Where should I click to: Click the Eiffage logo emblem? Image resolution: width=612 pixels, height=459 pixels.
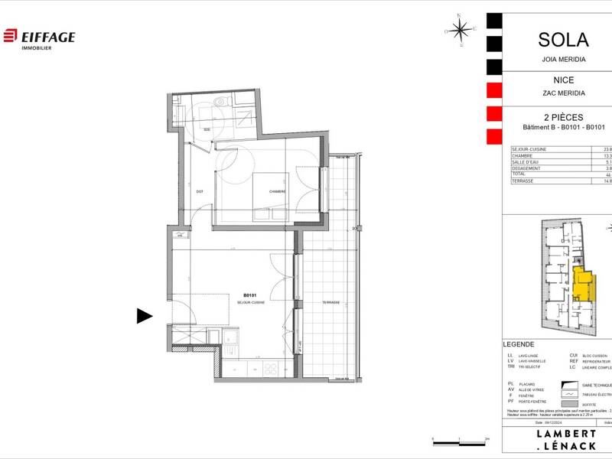[x=10, y=36]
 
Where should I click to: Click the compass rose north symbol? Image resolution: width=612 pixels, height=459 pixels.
[x=460, y=31]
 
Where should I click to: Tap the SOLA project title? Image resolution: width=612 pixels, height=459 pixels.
[x=563, y=40]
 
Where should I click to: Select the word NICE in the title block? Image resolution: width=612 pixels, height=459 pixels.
[x=563, y=80]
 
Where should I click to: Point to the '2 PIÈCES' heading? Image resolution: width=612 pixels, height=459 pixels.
[x=563, y=117]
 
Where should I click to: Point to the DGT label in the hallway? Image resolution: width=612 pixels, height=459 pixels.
[x=200, y=190]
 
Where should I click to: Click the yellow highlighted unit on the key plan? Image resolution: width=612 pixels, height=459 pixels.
[x=582, y=285]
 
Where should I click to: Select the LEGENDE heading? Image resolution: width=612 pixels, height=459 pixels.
[x=519, y=344]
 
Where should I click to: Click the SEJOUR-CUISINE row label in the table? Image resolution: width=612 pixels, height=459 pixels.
[x=528, y=150]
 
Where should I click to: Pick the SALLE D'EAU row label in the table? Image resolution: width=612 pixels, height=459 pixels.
[x=526, y=161]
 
